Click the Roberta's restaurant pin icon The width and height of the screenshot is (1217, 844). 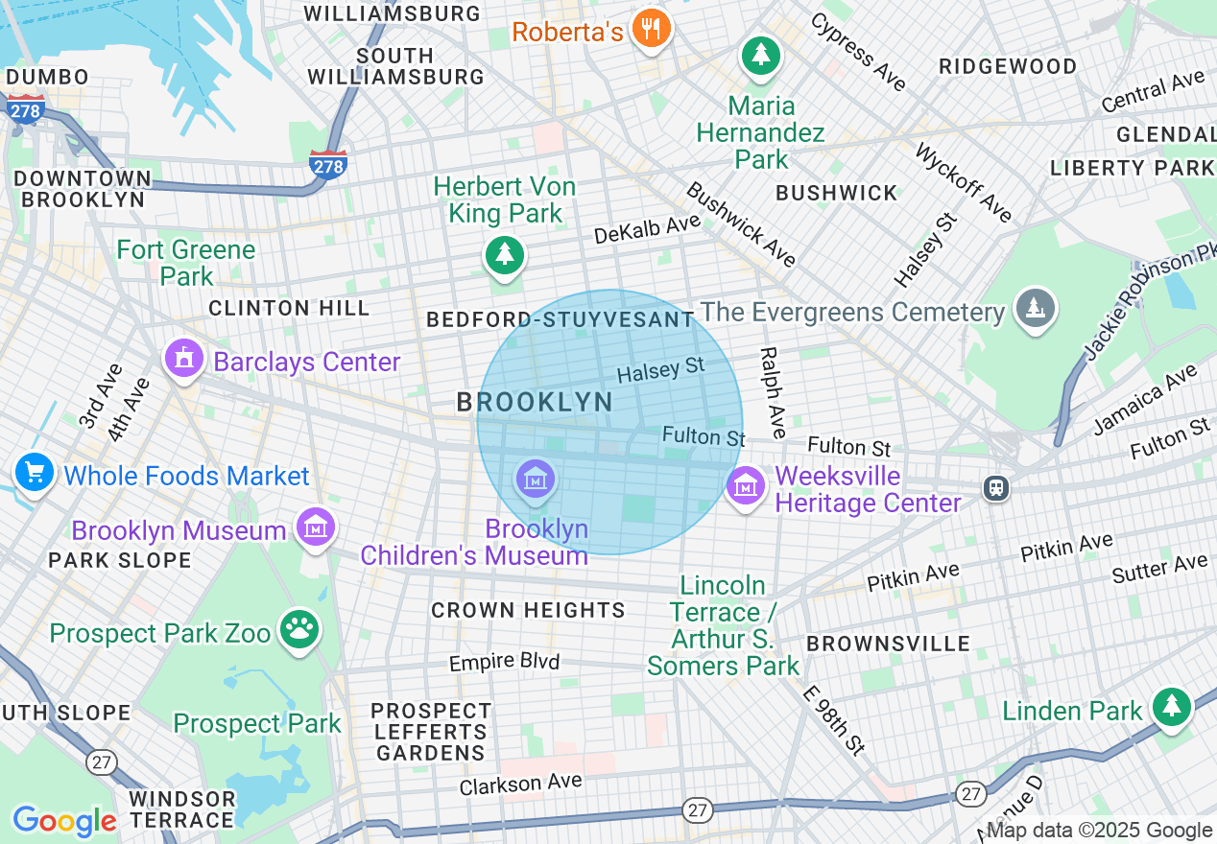pyautogui.click(x=652, y=29)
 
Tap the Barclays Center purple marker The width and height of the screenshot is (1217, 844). pyautogui.click(x=185, y=360)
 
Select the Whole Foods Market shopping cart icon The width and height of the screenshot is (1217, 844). pyautogui.click(x=35, y=473)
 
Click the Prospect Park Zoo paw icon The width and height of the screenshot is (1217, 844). pyautogui.click(x=299, y=630)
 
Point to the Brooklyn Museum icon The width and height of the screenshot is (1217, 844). pyautogui.click(x=315, y=527)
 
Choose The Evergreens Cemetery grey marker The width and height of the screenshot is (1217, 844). pyautogui.click(x=1035, y=309)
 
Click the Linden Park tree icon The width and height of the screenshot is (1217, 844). pyautogui.click(x=1171, y=707)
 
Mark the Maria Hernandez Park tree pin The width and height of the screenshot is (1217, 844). pyautogui.click(x=761, y=55)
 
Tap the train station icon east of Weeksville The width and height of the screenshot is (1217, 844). pyautogui.click(x=997, y=488)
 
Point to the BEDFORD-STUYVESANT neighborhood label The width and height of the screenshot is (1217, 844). pyautogui.click(x=560, y=319)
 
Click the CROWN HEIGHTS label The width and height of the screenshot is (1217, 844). pyautogui.click(x=528, y=610)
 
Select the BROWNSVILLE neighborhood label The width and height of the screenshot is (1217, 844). pyautogui.click(x=888, y=644)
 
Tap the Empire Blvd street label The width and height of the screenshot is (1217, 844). pyautogui.click(x=504, y=663)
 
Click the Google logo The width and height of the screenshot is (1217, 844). pyautogui.click(x=63, y=820)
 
